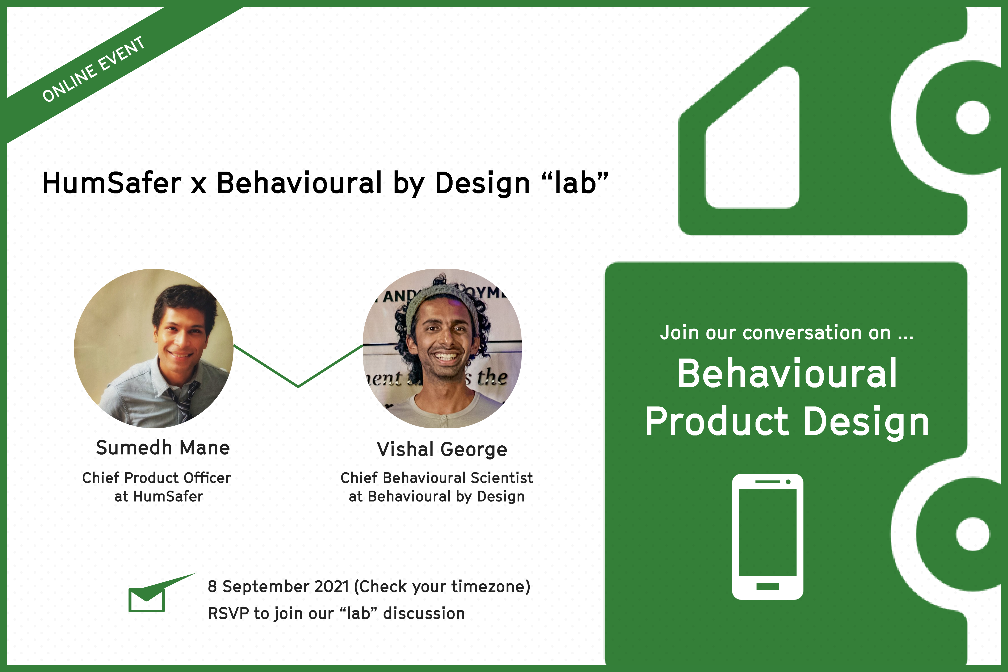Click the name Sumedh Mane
click(x=163, y=448)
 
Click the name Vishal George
click(x=442, y=450)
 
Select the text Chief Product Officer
click(x=156, y=478)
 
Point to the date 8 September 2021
click(x=279, y=587)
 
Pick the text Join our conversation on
click(x=776, y=333)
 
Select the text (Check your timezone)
click(x=442, y=587)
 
